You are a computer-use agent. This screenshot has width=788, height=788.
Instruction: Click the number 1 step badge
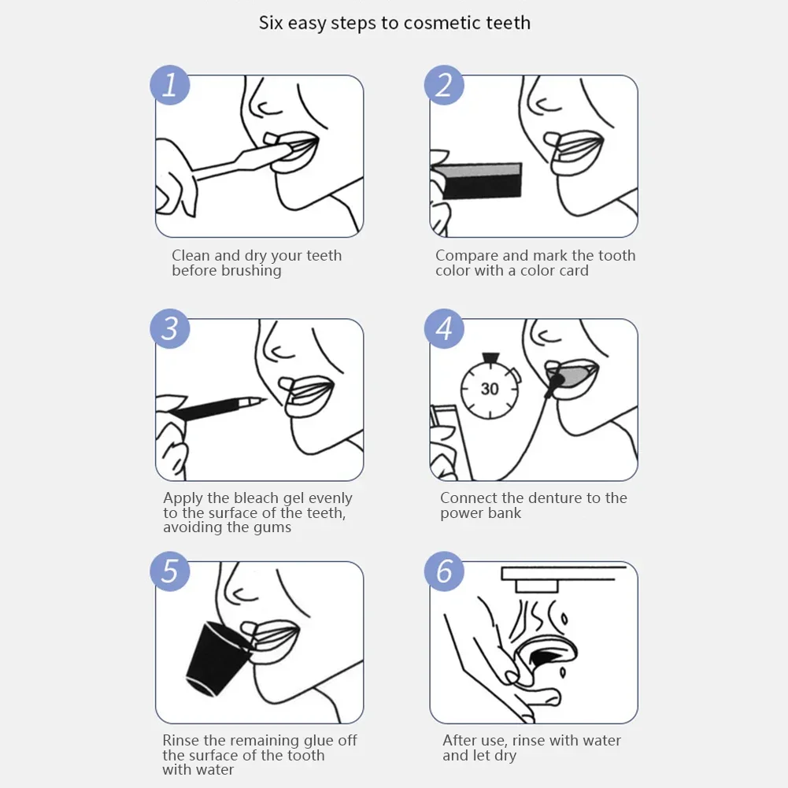click(x=170, y=85)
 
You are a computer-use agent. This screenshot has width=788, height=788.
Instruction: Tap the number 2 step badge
click(x=444, y=85)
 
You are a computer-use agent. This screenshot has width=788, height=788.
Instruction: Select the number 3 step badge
click(x=170, y=328)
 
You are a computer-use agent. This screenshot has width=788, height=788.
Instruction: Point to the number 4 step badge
click(x=444, y=328)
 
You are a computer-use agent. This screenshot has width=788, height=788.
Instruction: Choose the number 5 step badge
click(x=170, y=572)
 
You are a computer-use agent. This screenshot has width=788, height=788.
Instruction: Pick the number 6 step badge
click(x=444, y=572)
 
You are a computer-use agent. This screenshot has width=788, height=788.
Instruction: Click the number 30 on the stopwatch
click(x=490, y=389)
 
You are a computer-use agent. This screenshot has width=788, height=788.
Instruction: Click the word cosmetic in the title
click(x=442, y=23)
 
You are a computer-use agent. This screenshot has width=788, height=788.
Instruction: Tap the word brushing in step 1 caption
click(x=250, y=271)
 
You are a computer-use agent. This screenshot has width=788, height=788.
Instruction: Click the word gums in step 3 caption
click(x=272, y=527)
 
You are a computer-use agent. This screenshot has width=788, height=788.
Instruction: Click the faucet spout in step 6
click(x=535, y=585)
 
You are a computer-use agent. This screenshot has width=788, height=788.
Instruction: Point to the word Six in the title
click(x=271, y=23)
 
